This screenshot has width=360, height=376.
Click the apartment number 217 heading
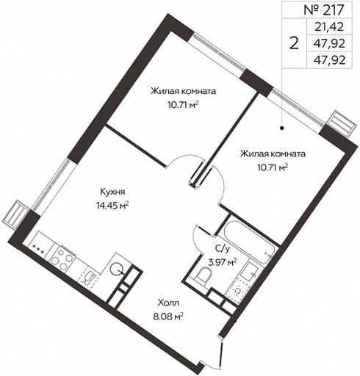324,10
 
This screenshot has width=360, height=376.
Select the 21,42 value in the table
329,26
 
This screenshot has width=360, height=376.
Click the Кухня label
112,192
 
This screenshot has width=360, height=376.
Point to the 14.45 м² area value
112,205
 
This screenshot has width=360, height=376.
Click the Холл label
168,303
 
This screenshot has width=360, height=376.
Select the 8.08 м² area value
168,317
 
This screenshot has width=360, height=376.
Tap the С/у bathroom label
223,249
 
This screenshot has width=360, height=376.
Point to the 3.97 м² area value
223,262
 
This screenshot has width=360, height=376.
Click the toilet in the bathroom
204,275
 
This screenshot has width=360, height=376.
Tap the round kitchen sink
117,269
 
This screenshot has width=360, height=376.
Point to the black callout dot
282,128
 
